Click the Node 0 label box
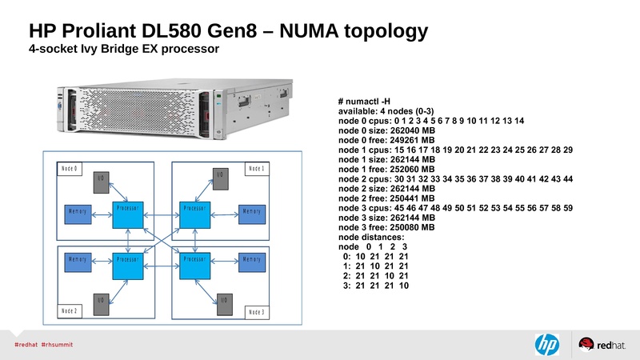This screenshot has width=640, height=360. tap(70, 169)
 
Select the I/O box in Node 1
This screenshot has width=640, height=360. tap(221, 178)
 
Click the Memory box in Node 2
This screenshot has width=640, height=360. tap(78, 261)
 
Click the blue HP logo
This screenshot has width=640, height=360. tap(547, 344)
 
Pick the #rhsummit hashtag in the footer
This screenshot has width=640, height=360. tap(58, 345)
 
